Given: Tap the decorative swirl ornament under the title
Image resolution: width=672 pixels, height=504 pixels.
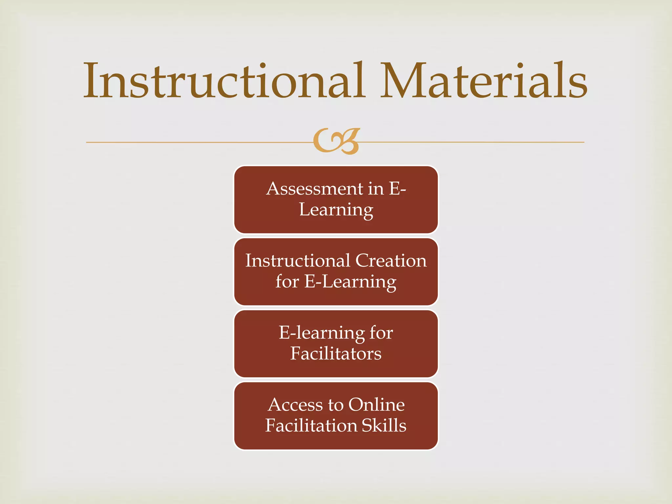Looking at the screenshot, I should tap(336, 141).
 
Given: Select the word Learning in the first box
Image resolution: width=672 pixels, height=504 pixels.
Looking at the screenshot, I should tap(336, 210).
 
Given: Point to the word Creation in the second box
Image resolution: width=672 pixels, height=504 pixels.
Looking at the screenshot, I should tap(391, 261).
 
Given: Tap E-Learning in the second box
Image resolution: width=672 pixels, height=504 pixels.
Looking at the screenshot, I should tap(350, 282).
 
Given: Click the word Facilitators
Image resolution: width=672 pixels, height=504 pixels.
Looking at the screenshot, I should tap(336, 354).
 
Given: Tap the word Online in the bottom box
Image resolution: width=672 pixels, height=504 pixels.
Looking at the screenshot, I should tap(376, 405).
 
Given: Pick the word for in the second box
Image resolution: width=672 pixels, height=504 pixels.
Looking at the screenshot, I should tap(287, 282).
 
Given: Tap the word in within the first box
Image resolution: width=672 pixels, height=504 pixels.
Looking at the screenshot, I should tap(376, 189).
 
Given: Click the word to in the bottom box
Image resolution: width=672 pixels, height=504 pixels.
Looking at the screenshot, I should tap(335, 405).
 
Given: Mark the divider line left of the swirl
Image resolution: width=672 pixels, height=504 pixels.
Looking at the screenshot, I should tap(197, 142).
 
